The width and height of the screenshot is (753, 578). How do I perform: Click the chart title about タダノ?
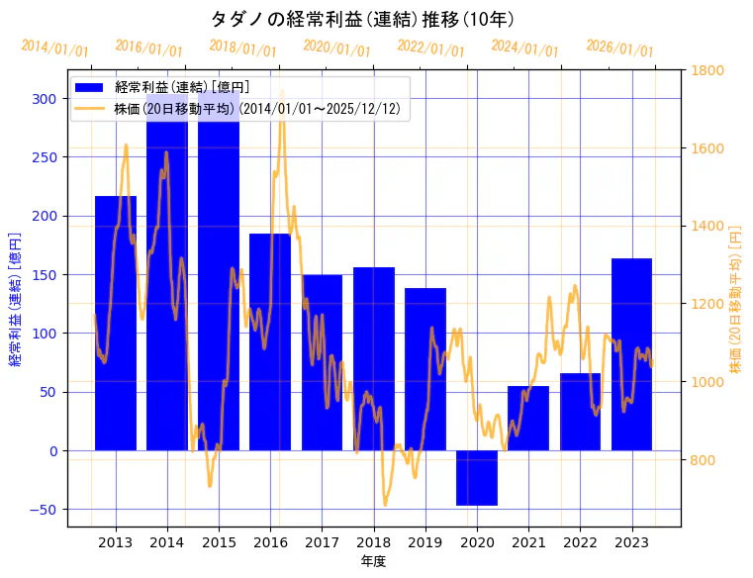tap(363, 19)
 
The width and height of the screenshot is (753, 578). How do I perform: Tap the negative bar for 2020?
tap(477, 478)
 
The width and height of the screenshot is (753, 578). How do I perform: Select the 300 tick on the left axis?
tap(44, 99)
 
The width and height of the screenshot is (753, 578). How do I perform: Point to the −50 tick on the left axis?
tap(42, 510)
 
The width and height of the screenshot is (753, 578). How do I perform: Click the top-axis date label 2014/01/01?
tap(54, 48)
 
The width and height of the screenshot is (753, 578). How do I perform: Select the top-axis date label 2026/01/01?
tap(619, 48)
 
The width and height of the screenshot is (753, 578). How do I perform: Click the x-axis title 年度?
tap(373, 561)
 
